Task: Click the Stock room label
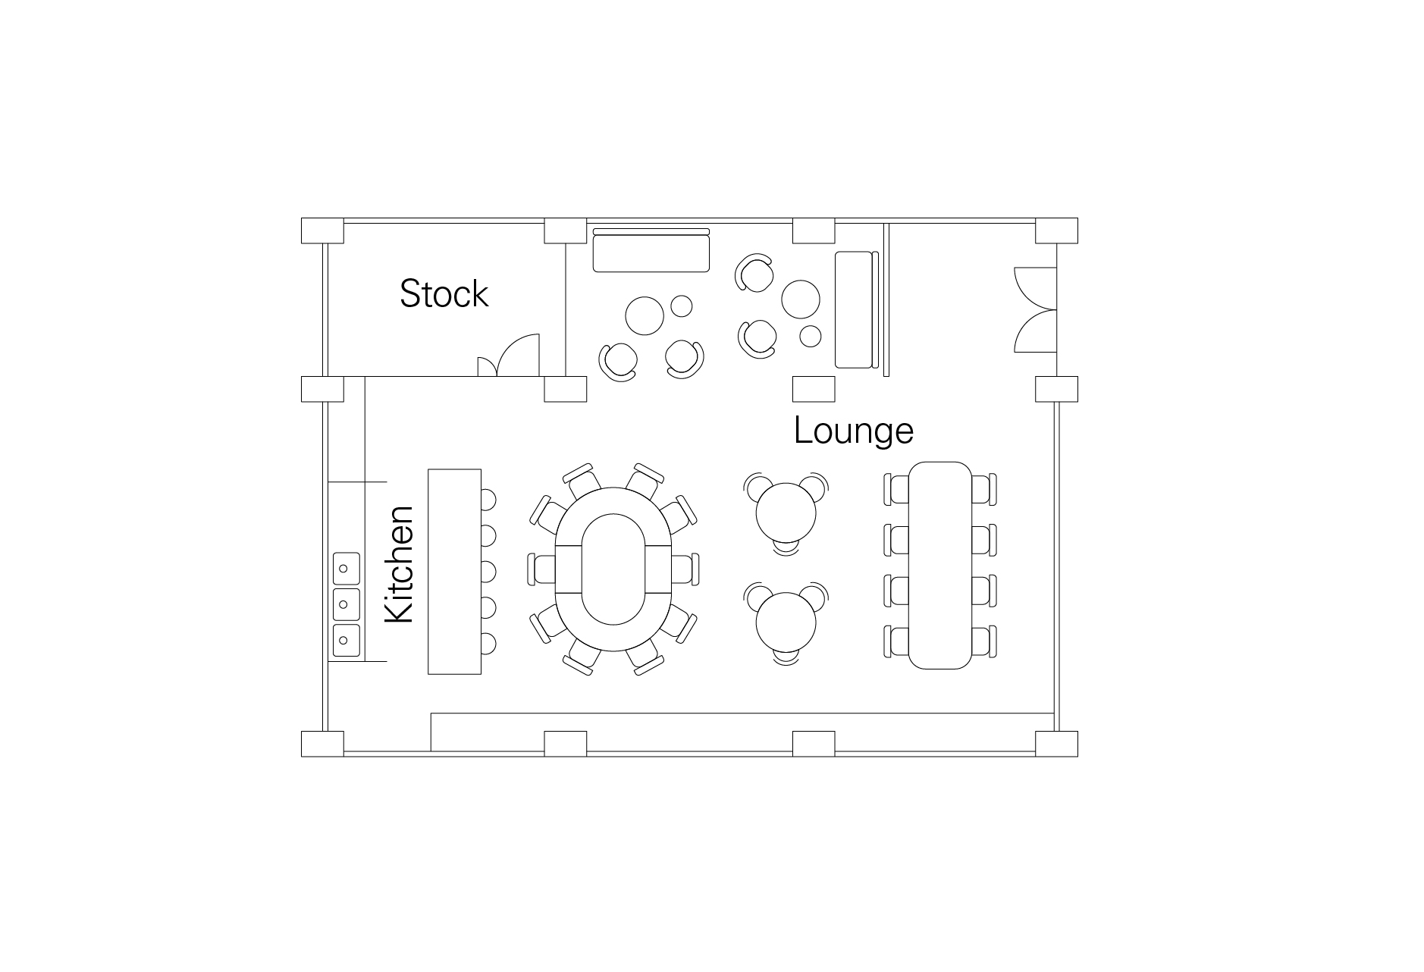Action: (444, 294)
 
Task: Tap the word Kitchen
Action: (400, 565)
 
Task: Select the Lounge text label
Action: (854, 431)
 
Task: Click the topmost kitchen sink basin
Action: (346, 568)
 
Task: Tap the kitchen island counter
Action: (454, 571)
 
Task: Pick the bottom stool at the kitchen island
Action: (488, 644)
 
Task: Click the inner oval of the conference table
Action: (613, 569)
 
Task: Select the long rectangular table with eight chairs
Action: (940, 566)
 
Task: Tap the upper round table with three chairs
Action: (786, 512)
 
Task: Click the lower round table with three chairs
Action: (786, 622)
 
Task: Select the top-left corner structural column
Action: (322, 231)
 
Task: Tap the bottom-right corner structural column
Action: (1057, 745)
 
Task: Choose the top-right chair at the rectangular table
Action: (984, 489)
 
